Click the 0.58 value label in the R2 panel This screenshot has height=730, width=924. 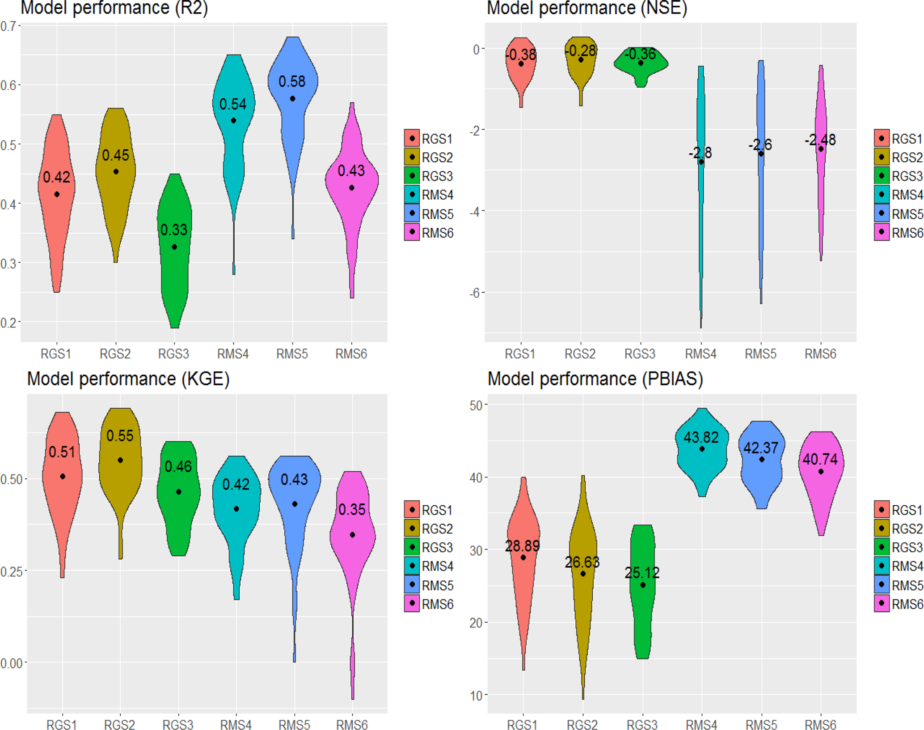[292, 82]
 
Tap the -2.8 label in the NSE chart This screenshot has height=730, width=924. [700, 153]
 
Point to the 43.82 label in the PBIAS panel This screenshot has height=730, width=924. [701, 437]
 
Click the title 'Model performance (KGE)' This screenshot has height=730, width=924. [128, 379]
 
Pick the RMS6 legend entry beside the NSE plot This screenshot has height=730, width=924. [899, 233]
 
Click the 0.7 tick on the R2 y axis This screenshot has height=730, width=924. [8, 26]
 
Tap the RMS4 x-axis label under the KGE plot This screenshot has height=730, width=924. [236, 725]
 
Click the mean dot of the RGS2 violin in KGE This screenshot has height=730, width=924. [120, 460]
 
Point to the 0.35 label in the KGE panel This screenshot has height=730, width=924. [352, 509]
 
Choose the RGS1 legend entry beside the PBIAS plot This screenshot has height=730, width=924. [899, 510]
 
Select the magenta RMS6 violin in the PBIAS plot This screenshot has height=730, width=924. [821, 491]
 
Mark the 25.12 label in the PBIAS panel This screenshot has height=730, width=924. [642, 573]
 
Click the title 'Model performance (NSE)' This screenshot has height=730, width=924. [586, 8]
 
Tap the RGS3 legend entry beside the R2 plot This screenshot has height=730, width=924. [429, 176]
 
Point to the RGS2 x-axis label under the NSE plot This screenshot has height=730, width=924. [580, 354]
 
